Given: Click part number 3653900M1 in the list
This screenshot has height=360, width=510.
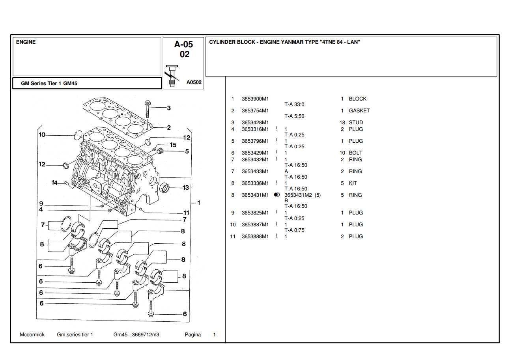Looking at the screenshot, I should click(x=255, y=99).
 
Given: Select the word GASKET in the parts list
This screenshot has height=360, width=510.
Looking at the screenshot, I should click(x=359, y=111).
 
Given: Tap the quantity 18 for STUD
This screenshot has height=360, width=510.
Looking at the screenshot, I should click(x=342, y=123).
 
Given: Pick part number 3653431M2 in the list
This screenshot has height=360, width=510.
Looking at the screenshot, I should click(x=298, y=195).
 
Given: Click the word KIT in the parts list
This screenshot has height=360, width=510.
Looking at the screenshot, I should click(x=353, y=183).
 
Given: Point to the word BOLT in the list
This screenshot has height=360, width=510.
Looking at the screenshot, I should click(x=355, y=153).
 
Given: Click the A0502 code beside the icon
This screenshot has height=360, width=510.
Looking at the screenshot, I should click(x=194, y=82).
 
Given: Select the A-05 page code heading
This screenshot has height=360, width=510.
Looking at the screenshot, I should click(x=184, y=45).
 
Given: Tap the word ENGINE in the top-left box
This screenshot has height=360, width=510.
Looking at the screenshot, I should click(x=26, y=42).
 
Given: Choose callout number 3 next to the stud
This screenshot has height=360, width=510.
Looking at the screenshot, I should click(x=169, y=108).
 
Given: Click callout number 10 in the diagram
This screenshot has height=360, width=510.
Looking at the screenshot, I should click(x=42, y=135).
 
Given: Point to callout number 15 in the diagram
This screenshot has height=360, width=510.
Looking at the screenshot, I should click(x=173, y=145).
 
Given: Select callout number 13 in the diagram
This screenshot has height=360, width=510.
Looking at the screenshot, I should click(x=186, y=188).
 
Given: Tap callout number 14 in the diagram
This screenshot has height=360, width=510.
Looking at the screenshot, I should click(x=54, y=183).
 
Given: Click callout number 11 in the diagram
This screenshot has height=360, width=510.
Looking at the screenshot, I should click(x=186, y=213).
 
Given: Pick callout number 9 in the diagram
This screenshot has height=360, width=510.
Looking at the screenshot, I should click(x=41, y=204).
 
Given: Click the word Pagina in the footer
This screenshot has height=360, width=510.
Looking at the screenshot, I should click(x=192, y=335).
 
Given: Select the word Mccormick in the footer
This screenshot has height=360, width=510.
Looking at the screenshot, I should click(x=32, y=335).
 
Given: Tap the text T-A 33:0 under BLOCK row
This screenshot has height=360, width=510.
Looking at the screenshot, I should click(x=294, y=104).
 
